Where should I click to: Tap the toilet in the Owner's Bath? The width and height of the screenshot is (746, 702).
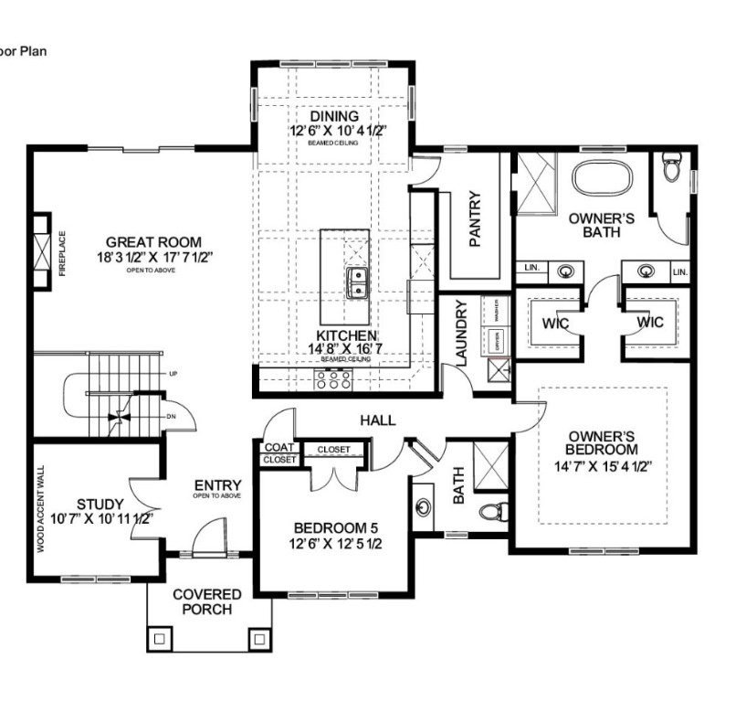coord(673,168)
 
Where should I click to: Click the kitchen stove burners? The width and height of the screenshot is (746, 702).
coord(334,380)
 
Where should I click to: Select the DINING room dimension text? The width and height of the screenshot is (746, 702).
coord(333,131)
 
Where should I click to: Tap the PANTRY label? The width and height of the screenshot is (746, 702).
coord(475,218)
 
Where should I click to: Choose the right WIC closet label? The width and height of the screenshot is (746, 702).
coord(649,322)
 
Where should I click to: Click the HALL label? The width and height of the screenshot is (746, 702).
coord(377,420)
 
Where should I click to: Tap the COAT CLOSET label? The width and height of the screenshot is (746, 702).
coord(278,453)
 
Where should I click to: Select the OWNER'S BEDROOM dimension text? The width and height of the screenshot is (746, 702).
coord(601,465)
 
